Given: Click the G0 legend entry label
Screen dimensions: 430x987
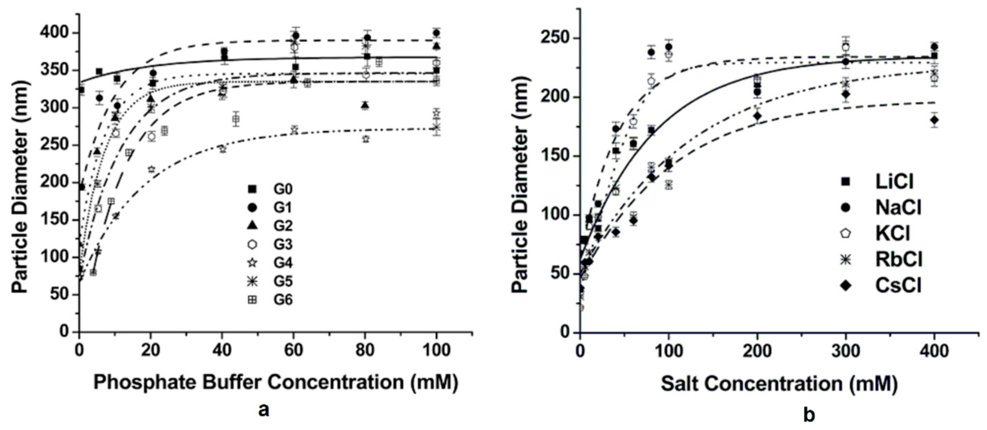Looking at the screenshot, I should tap(283, 189).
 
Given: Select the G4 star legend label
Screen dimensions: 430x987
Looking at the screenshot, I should tap(283, 263).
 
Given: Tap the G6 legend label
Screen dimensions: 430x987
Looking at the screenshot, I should tap(283, 300).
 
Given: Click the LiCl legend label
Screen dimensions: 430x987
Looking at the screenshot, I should tap(894, 182).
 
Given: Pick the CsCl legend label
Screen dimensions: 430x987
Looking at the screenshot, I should tap(898, 285).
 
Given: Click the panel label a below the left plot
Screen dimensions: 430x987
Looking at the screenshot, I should tap(264, 410).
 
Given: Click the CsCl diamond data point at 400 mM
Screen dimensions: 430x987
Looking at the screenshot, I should tap(934, 120).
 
